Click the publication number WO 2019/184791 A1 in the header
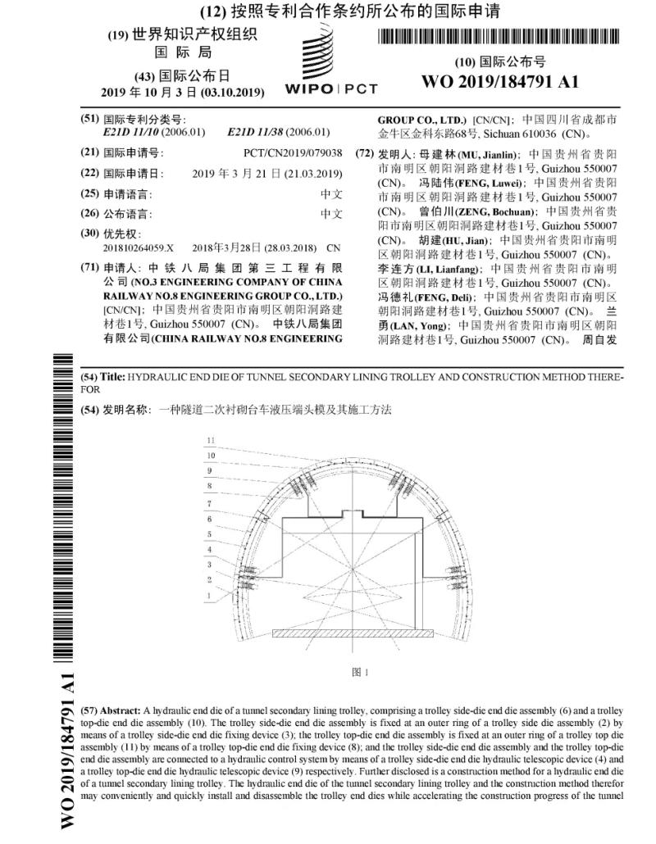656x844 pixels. [x=499, y=82]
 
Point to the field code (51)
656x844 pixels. [x=89, y=119]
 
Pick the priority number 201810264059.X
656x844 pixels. [x=139, y=247]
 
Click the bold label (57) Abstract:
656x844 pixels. [x=111, y=708]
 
